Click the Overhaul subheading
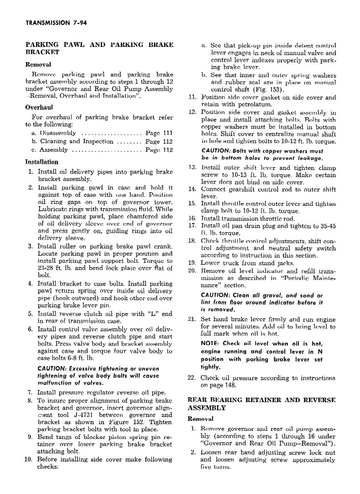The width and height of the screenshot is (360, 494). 39,107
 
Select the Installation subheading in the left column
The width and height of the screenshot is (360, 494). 41,162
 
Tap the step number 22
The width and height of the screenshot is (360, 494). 191,377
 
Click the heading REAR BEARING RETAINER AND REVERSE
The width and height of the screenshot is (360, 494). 262,400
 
